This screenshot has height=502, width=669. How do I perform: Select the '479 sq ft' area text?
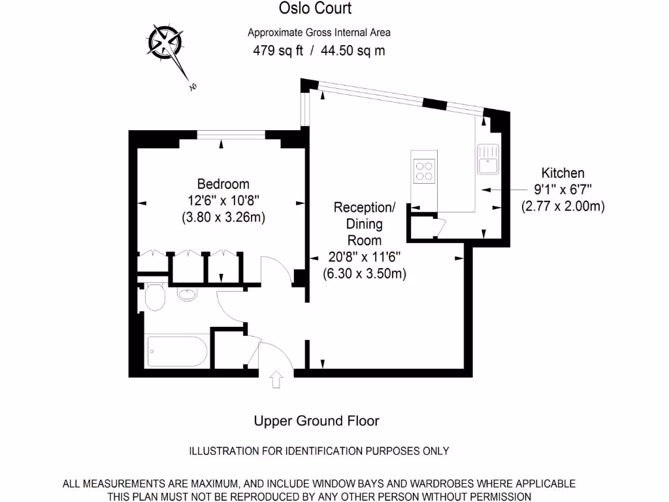(278, 50)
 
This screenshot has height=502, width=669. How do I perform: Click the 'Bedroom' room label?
(223, 184)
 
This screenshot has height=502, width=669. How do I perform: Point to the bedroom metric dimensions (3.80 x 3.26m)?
(223, 218)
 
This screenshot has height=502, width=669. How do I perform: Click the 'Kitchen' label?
(563, 173)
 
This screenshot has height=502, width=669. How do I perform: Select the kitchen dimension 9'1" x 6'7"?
(563, 190)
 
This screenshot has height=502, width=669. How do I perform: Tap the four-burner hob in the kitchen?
(424, 170)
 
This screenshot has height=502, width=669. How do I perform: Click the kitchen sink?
(488, 160)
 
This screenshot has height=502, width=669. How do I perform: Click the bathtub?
(177, 352)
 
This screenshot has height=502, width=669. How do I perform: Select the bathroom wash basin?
(186, 294)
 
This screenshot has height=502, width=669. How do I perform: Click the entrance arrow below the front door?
(276, 380)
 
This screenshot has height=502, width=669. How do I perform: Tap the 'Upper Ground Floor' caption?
(316, 421)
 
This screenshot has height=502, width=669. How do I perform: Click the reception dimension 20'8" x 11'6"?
(364, 258)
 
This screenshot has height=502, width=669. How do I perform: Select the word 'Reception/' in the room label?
(364, 208)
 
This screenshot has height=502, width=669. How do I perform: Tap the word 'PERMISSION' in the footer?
(498, 496)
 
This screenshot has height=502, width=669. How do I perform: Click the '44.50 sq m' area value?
(353, 50)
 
